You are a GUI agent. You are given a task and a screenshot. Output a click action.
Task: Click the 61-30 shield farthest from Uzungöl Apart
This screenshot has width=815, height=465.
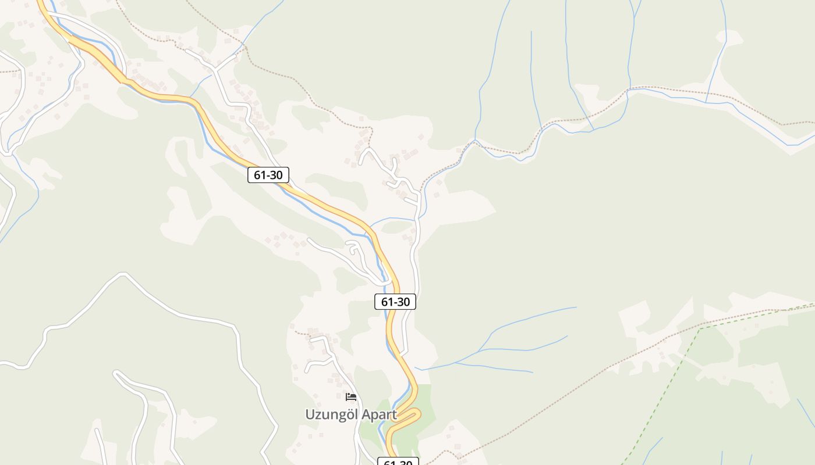(268, 174)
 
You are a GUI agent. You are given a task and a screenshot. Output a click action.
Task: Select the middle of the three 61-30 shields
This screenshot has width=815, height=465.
(395, 302)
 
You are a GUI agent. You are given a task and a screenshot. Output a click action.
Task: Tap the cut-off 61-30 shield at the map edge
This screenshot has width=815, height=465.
(398, 462)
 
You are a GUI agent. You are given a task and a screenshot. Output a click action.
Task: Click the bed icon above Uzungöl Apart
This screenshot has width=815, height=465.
(351, 397)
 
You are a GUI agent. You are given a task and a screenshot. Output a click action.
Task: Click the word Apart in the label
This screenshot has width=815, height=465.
(379, 415)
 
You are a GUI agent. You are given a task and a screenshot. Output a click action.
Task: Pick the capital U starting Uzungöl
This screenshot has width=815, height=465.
(310, 414)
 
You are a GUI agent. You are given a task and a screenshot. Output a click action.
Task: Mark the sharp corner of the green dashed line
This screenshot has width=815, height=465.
(700, 328)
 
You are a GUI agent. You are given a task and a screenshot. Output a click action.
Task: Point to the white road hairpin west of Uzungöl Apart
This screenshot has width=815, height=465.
(116, 374)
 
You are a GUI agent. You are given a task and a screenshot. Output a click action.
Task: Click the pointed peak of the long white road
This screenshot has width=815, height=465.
(123, 274)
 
